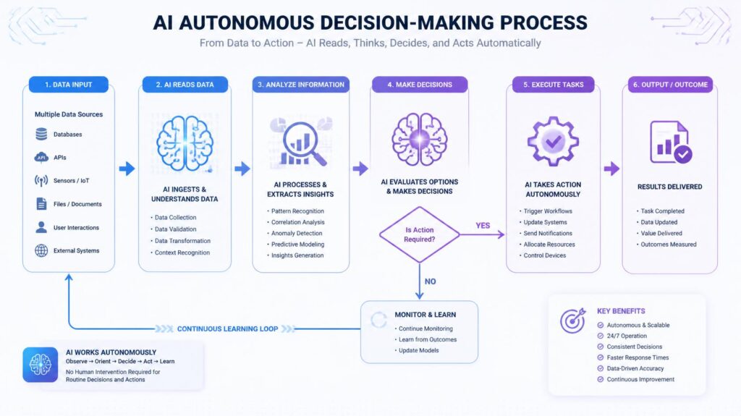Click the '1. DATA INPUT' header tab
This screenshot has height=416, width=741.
pos(69,85)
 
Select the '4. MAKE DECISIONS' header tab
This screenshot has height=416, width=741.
pos(420,85)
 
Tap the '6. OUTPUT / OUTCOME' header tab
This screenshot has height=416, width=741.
pos(670,85)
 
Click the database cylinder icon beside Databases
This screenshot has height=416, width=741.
pos(41,135)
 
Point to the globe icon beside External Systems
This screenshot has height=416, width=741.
pos(41,250)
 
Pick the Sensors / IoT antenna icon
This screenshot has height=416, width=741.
pos(41,181)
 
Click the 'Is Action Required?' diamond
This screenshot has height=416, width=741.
pos(420,234)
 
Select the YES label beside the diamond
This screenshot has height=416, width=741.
pos(483,226)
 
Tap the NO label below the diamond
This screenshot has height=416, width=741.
pos(430,281)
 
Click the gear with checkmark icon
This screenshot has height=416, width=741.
pos(553,141)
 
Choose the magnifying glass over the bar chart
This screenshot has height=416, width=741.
pos(303,143)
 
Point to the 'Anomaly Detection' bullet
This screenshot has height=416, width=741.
pos(295,233)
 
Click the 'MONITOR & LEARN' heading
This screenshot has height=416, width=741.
pos(425,315)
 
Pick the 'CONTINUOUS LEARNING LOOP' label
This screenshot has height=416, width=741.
pos(227,328)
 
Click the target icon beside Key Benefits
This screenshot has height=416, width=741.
pos(573,321)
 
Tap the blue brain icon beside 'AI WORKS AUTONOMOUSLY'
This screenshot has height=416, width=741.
pos(41,365)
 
